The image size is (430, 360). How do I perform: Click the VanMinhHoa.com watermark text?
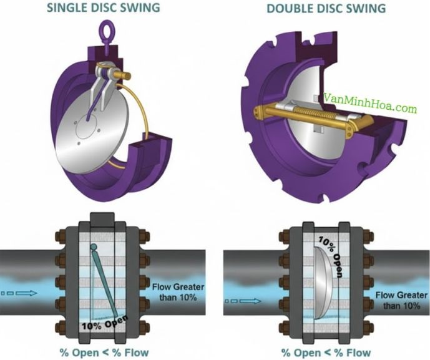click(371, 109)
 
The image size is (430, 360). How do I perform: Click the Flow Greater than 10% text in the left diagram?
click(175, 292)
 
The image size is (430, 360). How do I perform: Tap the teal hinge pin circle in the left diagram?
click(94, 248)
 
